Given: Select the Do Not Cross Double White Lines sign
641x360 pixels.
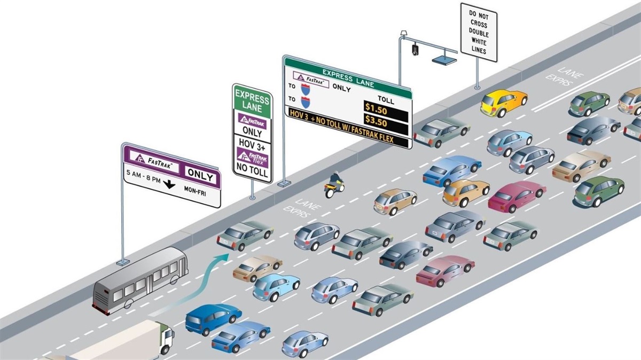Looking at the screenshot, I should tap(479, 33).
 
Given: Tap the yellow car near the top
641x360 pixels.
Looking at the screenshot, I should tap(503, 102).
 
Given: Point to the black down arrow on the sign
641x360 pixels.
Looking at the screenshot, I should tap(169, 185).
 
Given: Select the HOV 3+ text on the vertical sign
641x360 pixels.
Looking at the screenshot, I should tap(253, 145).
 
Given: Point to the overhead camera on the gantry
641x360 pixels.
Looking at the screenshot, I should tap(415, 50).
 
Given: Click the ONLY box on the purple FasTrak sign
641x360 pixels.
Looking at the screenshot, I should tap(200, 176).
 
